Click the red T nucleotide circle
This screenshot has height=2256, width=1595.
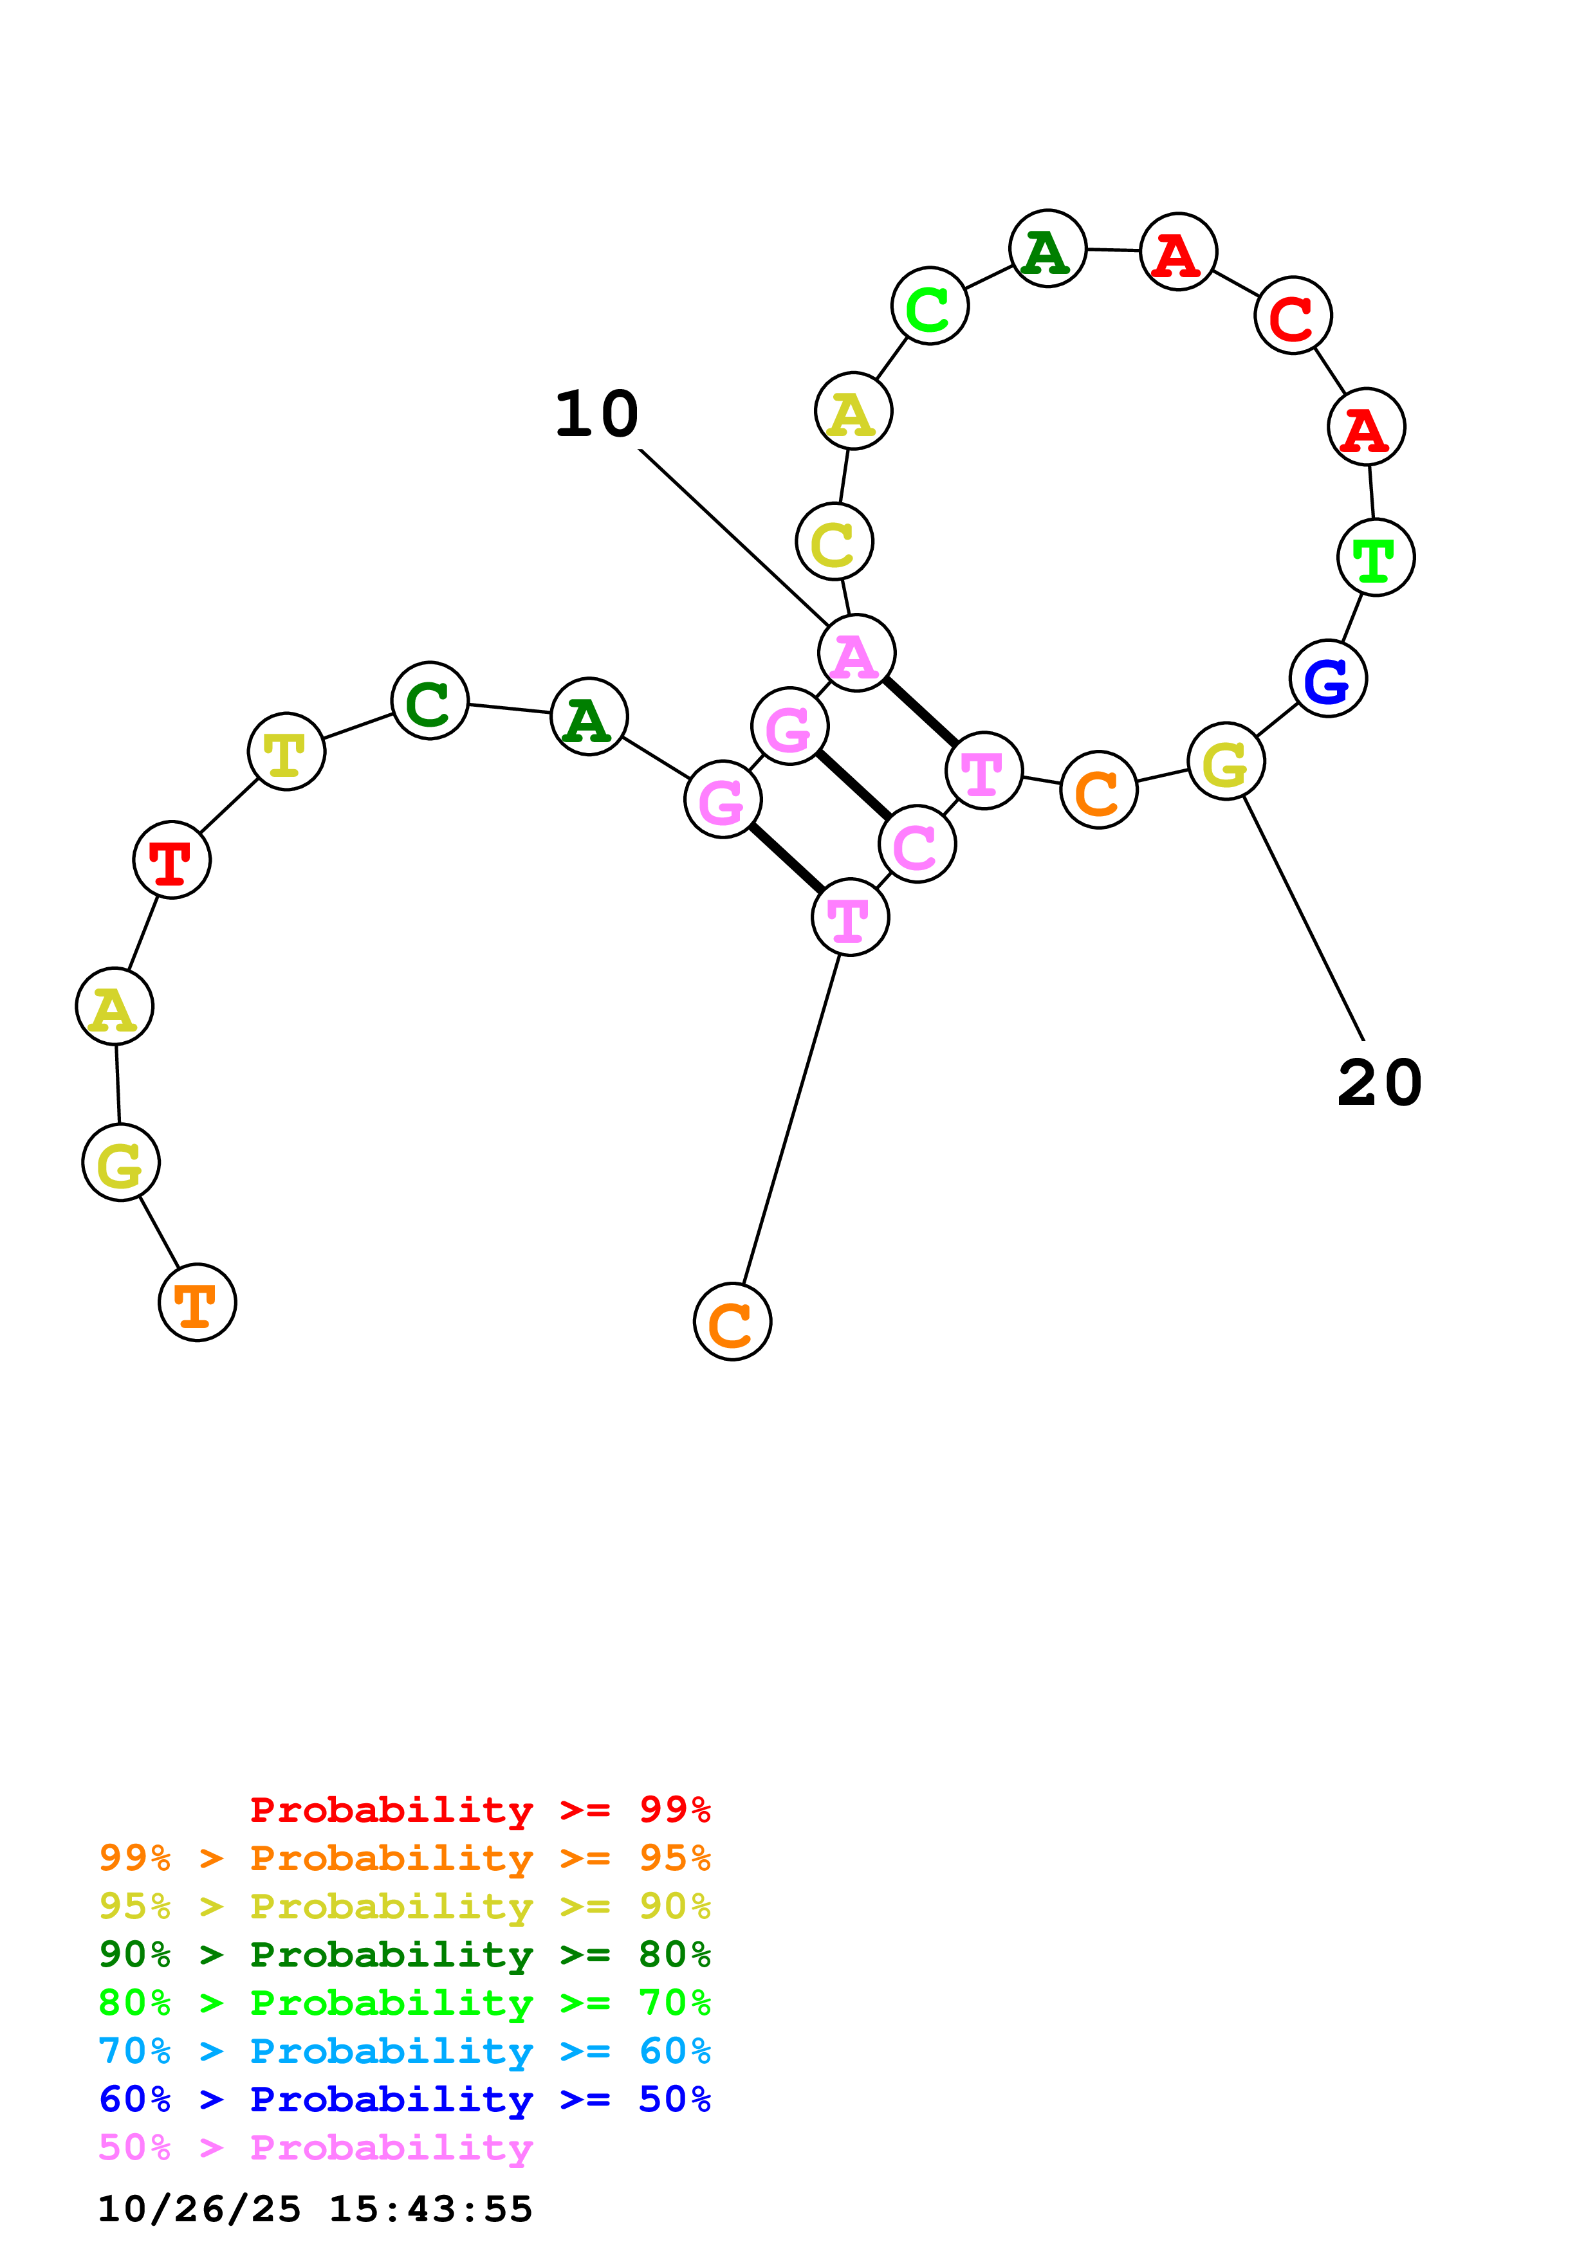pyautogui.click(x=172, y=860)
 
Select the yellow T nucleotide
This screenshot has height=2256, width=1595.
pyautogui.click(x=286, y=752)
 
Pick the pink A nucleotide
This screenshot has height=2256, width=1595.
pyautogui.click(x=856, y=653)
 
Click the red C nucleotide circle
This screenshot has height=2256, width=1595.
pyautogui.click(x=1293, y=315)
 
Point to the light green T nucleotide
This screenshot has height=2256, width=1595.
pyautogui.click(x=1375, y=557)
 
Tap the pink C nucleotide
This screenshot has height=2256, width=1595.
pyautogui.click(x=917, y=844)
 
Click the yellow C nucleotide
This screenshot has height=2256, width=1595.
pyautogui.click(x=834, y=541)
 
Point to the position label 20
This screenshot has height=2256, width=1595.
pyautogui.click(x=1379, y=1083)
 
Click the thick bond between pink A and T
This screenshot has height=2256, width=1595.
pyautogui.click(x=920, y=711)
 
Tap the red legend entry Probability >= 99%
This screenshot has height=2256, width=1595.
pyautogui.click(x=479, y=1810)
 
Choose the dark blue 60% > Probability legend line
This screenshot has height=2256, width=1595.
pyautogui.click(x=404, y=2100)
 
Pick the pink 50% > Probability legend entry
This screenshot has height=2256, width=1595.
pyautogui.click(x=315, y=2148)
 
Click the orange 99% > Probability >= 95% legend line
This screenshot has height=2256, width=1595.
pyautogui.click(x=404, y=1858)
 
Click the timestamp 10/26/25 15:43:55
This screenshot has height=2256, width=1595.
pyautogui.click(x=315, y=2209)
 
